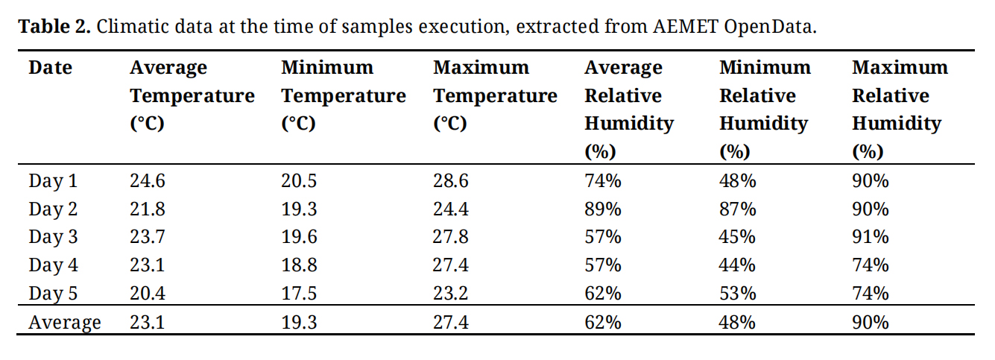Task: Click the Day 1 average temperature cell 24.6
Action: pyautogui.click(x=147, y=181)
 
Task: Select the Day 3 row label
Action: pyautogui.click(x=52, y=237)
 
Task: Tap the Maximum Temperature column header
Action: pyautogui.click(x=495, y=95)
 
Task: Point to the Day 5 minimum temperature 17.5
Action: pyautogui.click(x=299, y=294)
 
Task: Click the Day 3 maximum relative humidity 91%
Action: pyautogui.click(x=871, y=237)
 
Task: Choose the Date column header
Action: pyautogui.click(x=50, y=68)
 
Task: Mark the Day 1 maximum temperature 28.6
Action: pyautogui.click(x=451, y=181)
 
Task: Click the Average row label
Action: pyautogui.click(x=64, y=323)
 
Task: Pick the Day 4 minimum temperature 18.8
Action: pyautogui.click(x=299, y=265)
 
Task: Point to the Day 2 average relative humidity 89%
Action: pyautogui.click(x=602, y=209)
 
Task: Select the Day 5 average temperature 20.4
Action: pyautogui.click(x=147, y=294)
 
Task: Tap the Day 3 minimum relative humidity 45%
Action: pyautogui.click(x=737, y=237)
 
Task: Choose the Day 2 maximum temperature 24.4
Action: pyautogui.click(x=451, y=209)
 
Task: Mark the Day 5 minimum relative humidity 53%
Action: pyautogui.click(x=737, y=294)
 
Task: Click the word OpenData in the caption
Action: pyautogui.click(x=777, y=27)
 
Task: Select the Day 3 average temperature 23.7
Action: pyautogui.click(x=147, y=237)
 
